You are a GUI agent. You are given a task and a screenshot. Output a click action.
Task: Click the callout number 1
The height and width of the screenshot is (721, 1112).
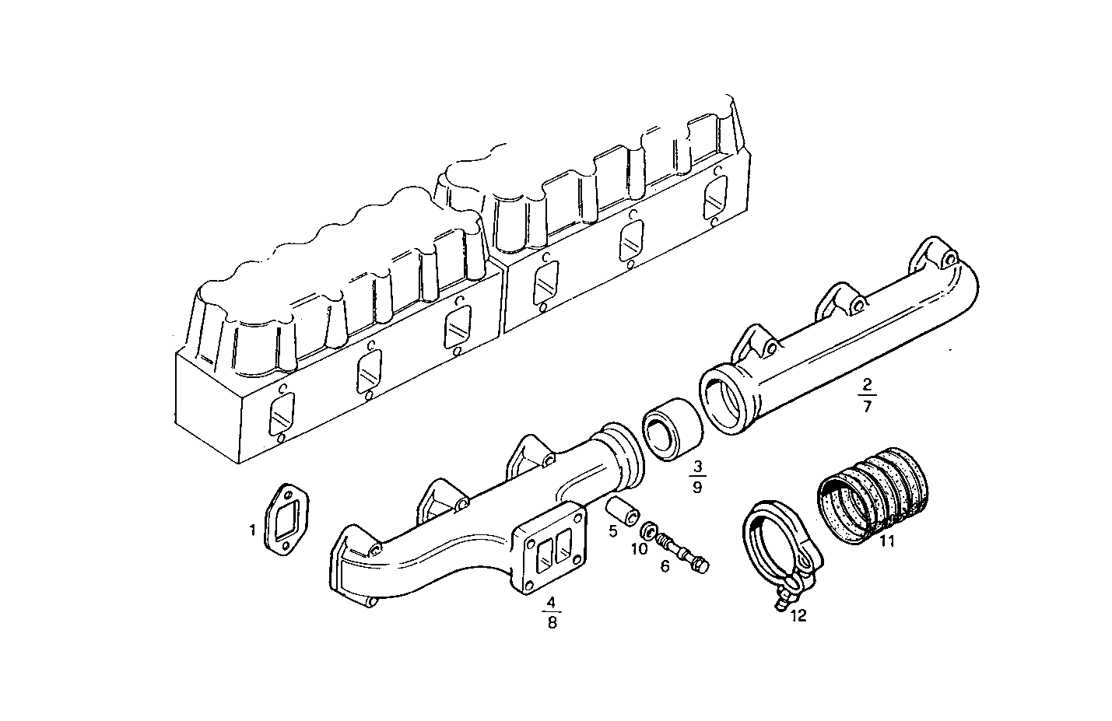click(252, 530)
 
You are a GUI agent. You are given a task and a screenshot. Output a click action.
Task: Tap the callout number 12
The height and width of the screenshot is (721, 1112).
click(798, 616)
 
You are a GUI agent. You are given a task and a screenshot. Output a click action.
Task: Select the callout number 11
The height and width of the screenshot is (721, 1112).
click(886, 541)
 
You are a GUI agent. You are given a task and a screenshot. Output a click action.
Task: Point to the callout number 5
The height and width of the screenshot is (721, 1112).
click(613, 530)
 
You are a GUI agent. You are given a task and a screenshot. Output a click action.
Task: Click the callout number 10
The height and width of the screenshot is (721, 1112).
click(639, 549)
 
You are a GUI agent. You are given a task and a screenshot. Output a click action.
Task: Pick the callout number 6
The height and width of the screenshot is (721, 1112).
click(665, 566)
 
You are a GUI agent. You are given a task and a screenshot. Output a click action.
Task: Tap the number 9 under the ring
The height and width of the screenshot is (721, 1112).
click(697, 488)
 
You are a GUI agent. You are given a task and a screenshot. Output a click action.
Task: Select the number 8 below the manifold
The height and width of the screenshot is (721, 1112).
click(552, 622)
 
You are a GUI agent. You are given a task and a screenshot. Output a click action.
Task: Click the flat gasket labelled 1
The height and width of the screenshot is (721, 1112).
click(286, 520)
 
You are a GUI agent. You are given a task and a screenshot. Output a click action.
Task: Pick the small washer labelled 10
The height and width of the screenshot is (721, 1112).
click(647, 533)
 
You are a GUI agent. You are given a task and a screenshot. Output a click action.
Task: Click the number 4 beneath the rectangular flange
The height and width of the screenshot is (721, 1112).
click(551, 602)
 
